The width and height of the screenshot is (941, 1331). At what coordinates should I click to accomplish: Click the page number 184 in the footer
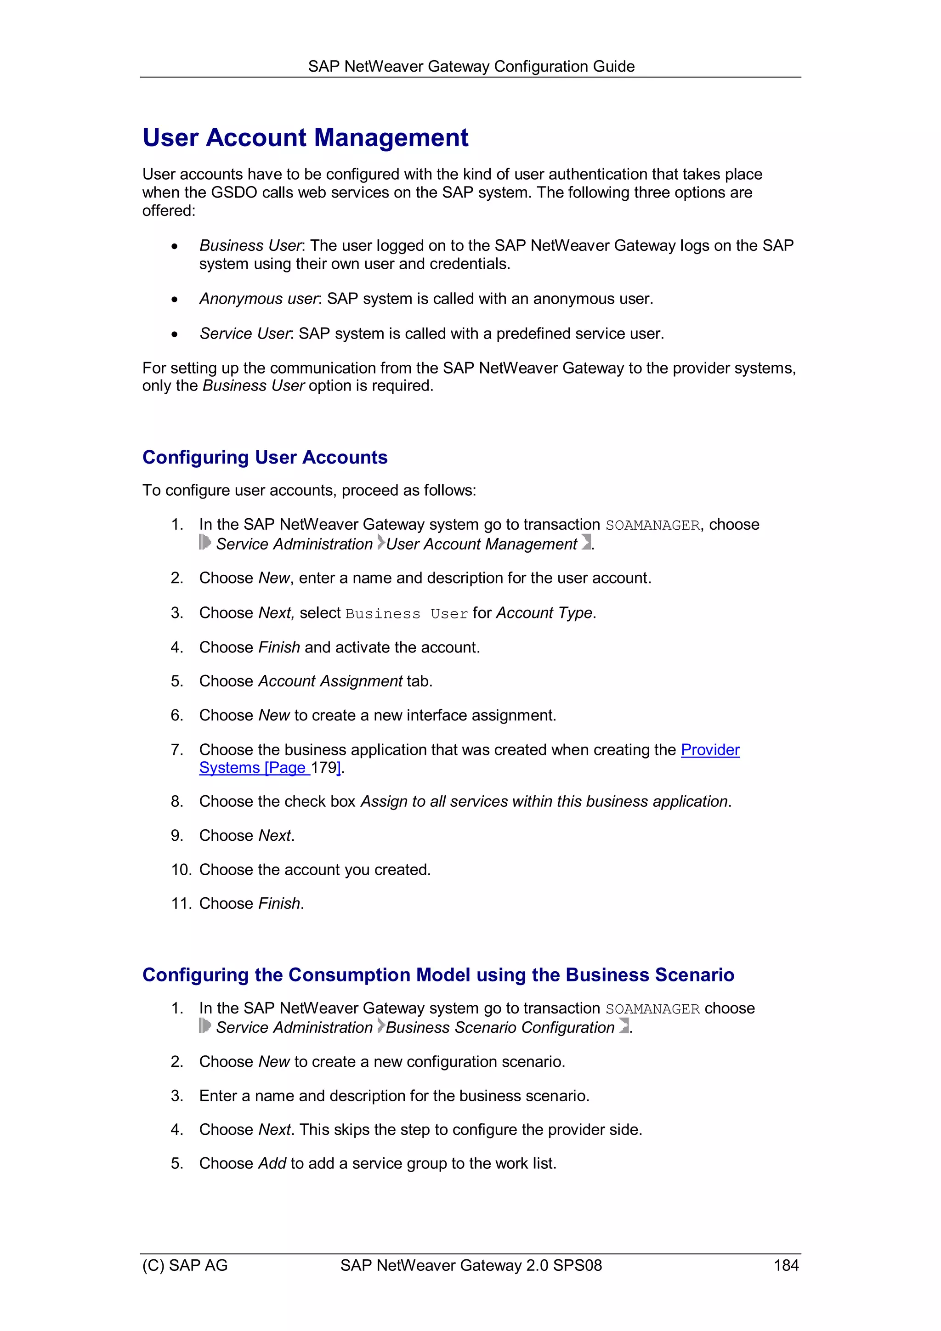pyautogui.click(x=786, y=1265)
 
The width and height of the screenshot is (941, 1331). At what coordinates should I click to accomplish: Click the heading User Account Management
pyautogui.click(x=305, y=138)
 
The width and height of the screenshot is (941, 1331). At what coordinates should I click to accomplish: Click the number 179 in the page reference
pyautogui.click(x=323, y=768)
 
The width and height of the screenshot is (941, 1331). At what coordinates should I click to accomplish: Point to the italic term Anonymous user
pyautogui.click(x=258, y=299)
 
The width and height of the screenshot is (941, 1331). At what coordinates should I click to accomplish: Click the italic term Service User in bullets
pyautogui.click(x=245, y=334)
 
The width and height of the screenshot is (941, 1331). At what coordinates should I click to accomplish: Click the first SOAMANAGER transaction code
pyautogui.click(x=652, y=525)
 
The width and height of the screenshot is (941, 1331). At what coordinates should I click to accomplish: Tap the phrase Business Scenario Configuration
pyautogui.click(x=500, y=1027)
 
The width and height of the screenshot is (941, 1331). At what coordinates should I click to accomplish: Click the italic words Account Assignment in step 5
pyautogui.click(x=330, y=681)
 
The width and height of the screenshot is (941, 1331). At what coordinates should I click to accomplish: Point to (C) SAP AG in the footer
pyautogui.click(x=185, y=1265)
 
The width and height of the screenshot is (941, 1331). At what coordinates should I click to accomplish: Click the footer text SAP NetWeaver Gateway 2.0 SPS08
pyautogui.click(x=471, y=1265)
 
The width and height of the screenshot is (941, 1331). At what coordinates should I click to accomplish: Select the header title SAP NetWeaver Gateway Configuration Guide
pyautogui.click(x=471, y=66)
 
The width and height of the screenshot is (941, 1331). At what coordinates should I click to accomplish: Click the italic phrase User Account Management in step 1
pyautogui.click(x=481, y=544)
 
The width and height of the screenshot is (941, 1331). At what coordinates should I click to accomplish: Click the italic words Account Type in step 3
pyautogui.click(x=544, y=613)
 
